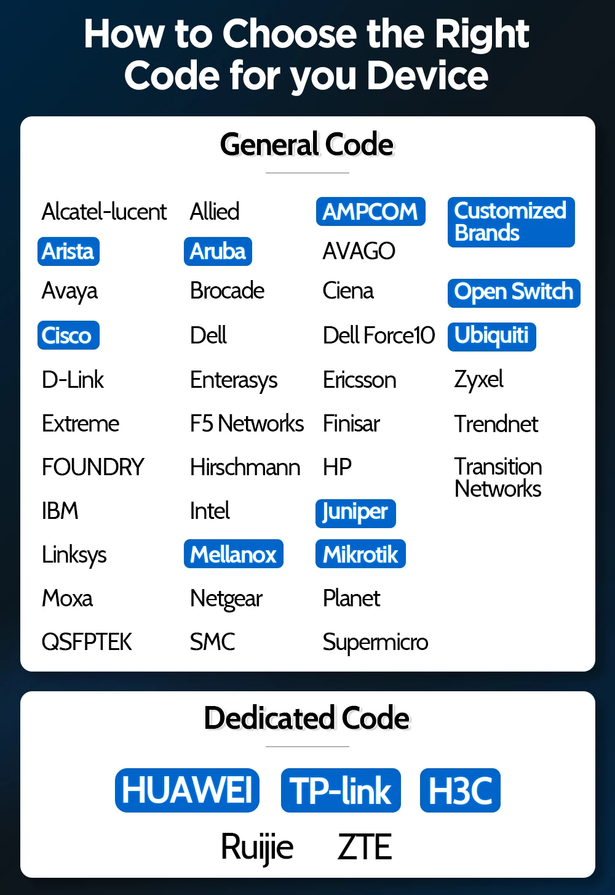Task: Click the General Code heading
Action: tap(307, 145)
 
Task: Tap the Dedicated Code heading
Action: tap(307, 718)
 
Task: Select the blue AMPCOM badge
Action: tap(370, 212)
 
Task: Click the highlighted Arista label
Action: tap(68, 251)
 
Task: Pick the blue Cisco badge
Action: tap(68, 335)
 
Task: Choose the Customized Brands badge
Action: tap(510, 222)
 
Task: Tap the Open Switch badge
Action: tap(514, 292)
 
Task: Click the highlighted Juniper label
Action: tap(355, 512)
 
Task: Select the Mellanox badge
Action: tap(233, 555)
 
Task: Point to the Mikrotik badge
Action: tap(360, 555)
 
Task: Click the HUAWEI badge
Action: tap(187, 790)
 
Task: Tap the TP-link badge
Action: tap(341, 790)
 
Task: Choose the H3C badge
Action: tap(460, 790)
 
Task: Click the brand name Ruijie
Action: tap(257, 847)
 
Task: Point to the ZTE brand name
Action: tap(365, 847)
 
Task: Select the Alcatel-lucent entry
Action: tap(104, 212)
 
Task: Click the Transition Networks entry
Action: tap(498, 478)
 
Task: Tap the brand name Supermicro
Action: tap(375, 642)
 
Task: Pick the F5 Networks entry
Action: tap(247, 423)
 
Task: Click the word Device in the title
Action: tap(427, 76)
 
